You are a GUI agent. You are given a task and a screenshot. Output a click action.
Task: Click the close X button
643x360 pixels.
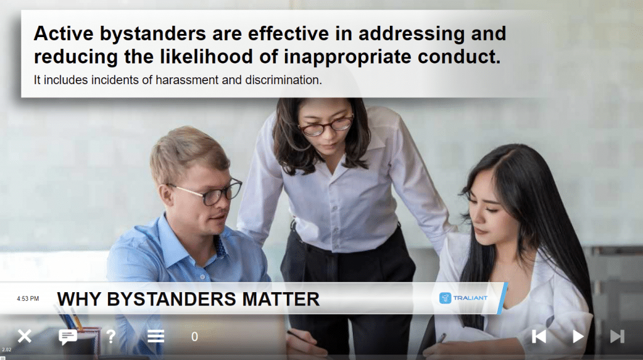click(24, 337)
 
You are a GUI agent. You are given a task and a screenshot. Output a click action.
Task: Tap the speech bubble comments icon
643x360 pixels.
click(68, 337)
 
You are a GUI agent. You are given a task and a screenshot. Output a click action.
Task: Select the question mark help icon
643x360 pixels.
click(111, 337)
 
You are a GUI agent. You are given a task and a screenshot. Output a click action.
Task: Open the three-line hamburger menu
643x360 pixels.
click(156, 337)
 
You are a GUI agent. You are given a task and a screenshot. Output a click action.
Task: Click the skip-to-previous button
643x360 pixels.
click(539, 337)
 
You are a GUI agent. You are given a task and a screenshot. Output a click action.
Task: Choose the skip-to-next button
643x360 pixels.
click(617, 337)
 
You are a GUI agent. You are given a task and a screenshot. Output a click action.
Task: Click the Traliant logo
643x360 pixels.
click(463, 298)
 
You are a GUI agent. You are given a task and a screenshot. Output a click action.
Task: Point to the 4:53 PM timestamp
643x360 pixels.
click(28, 298)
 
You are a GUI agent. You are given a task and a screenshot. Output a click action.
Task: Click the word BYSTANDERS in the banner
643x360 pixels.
click(172, 299)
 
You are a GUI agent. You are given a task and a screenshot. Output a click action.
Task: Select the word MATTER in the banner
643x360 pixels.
click(281, 299)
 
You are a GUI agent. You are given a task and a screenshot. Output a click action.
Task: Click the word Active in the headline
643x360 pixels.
click(63, 34)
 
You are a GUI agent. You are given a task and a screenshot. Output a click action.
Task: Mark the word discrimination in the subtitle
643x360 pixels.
click(283, 80)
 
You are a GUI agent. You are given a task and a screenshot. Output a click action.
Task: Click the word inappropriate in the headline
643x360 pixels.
click(347, 57)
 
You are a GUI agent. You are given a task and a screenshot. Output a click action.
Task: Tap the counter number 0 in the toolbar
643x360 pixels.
click(195, 337)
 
